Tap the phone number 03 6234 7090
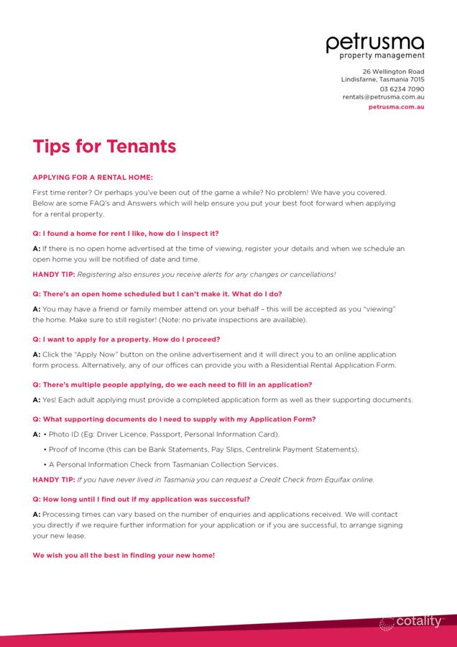pyautogui.click(x=402, y=89)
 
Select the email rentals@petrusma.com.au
pyautogui.click(x=383, y=97)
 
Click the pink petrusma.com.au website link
pyautogui.click(x=396, y=107)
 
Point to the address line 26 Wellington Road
pyautogui.click(x=393, y=72)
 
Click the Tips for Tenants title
pyautogui.click(x=104, y=147)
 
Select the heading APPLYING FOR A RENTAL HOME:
pyautogui.click(x=93, y=178)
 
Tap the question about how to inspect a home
pyautogui.click(x=126, y=234)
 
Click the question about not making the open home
pyautogui.click(x=157, y=293)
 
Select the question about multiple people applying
pyautogui.click(x=172, y=385)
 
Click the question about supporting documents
pyautogui.click(x=174, y=419)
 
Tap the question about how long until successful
pyautogui.click(x=141, y=499)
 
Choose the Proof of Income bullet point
pyautogui.click(x=203, y=449)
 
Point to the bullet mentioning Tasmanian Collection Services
pyautogui.click(x=163, y=464)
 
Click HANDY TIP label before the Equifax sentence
pyautogui.click(x=53, y=479)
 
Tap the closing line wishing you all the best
pyautogui.click(x=124, y=555)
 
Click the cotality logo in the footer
pyautogui.click(x=412, y=622)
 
